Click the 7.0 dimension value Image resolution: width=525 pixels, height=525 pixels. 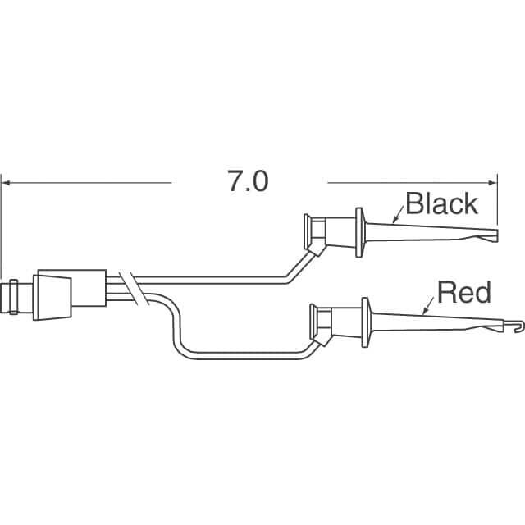[248, 181]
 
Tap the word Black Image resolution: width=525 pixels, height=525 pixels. [441, 203]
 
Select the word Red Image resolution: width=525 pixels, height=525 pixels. [464, 292]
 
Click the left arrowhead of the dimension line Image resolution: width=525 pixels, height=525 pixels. [6, 183]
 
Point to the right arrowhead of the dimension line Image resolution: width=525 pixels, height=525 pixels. [493, 183]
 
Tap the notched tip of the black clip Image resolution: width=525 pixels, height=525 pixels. [490, 235]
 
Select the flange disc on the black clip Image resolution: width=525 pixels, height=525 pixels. [359, 232]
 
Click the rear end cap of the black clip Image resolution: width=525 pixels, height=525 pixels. [307, 231]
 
